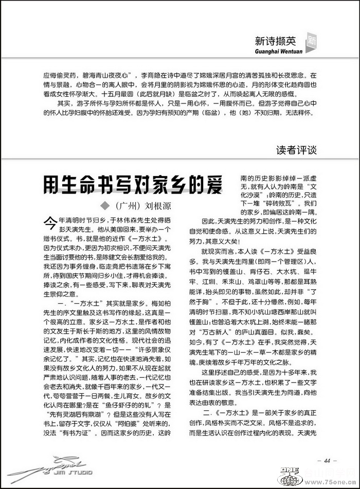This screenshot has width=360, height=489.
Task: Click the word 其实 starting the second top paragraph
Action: [65, 102]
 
